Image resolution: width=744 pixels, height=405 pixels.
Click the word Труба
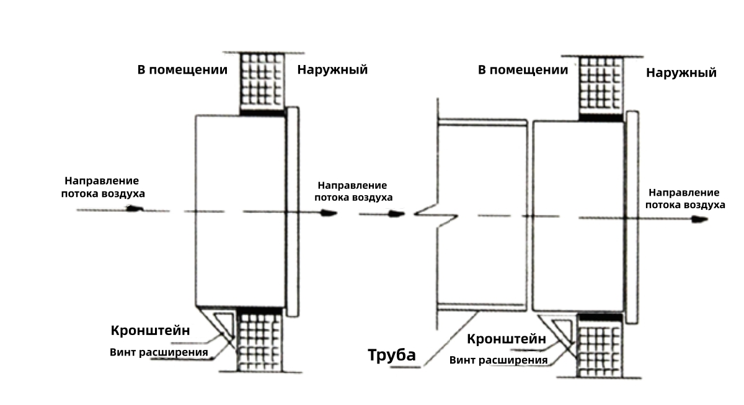[392, 355]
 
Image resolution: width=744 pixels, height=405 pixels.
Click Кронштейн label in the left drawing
[151, 330]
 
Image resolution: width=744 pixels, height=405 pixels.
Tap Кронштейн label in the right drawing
[507, 339]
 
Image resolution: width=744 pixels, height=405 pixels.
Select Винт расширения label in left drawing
[159, 352]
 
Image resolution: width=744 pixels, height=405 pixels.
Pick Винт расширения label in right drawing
[498, 360]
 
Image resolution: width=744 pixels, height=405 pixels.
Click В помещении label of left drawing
[182, 70]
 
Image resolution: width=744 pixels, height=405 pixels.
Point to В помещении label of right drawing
[523, 70]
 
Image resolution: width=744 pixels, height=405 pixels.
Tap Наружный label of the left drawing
[332, 69]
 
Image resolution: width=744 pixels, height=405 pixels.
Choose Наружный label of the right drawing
[681, 72]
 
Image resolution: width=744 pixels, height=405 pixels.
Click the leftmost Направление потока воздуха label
[103, 188]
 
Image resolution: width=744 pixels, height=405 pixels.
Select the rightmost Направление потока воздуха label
[685, 199]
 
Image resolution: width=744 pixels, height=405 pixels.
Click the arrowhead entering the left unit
[135, 209]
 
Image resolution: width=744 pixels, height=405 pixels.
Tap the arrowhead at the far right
[699, 219]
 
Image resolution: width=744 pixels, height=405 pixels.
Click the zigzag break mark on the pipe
[436, 216]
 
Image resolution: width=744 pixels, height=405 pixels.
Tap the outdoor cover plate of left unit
[293, 212]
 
